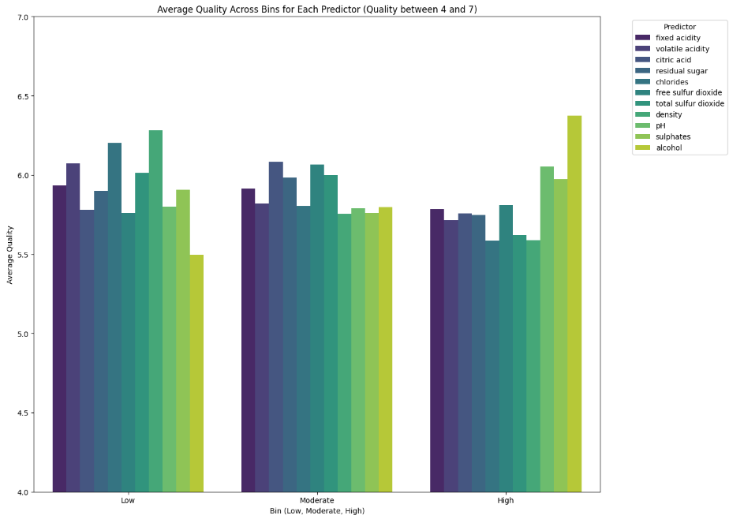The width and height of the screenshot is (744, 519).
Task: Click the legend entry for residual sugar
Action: click(x=677, y=71)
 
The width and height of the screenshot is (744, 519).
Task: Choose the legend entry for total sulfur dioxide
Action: click(x=689, y=103)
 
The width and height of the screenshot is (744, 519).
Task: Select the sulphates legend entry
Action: click(x=673, y=136)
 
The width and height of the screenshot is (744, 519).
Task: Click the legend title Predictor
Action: click(x=679, y=27)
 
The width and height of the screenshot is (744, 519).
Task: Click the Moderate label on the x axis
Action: click(x=316, y=501)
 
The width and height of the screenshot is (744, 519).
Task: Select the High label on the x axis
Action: click(x=506, y=501)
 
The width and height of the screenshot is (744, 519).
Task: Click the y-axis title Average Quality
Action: click(x=10, y=254)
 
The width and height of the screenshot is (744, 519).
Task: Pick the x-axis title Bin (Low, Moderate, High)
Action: click(x=316, y=511)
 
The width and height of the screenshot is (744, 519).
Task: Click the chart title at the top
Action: click(x=316, y=9)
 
